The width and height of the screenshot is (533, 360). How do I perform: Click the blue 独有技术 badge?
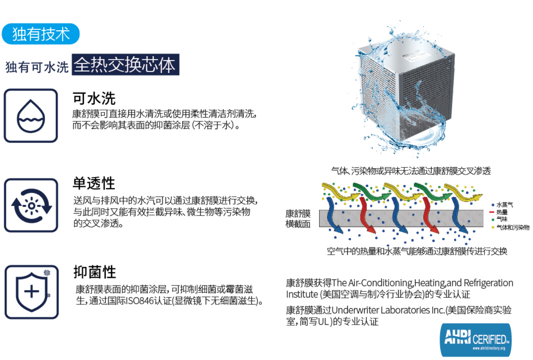pyautogui.click(x=40, y=34)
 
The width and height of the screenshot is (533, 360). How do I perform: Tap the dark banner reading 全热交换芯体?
pyautogui.click(x=125, y=65)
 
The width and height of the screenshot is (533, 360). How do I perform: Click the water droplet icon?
pyautogui.click(x=31, y=116)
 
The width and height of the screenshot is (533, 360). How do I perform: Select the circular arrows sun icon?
pyautogui.click(x=31, y=205)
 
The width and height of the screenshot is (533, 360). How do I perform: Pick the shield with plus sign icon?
pyautogui.click(x=31, y=292)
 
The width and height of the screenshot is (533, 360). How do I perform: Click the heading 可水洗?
pyautogui.click(x=94, y=98)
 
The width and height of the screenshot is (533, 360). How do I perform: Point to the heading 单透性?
pyautogui.click(x=94, y=183)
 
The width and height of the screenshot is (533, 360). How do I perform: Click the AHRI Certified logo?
pyautogui.click(x=475, y=339)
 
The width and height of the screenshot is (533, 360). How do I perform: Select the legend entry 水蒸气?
pyautogui.click(x=504, y=204)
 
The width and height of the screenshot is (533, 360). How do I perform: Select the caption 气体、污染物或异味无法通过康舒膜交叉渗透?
pyautogui.click(x=411, y=171)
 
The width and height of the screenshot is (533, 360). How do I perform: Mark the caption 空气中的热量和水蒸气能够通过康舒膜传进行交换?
pyautogui.click(x=417, y=251)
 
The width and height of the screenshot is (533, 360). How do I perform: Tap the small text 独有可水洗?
pyautogui.click(x=37, y=67)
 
